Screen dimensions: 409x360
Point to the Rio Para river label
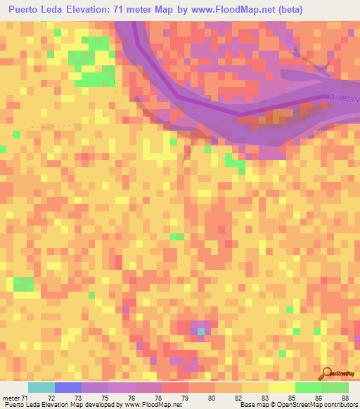tap(344, 98)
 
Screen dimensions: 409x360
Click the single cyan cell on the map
tap(202, 330)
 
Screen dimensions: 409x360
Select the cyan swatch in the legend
tap(41, 387)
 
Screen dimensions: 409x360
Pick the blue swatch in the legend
tap(68, 387)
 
